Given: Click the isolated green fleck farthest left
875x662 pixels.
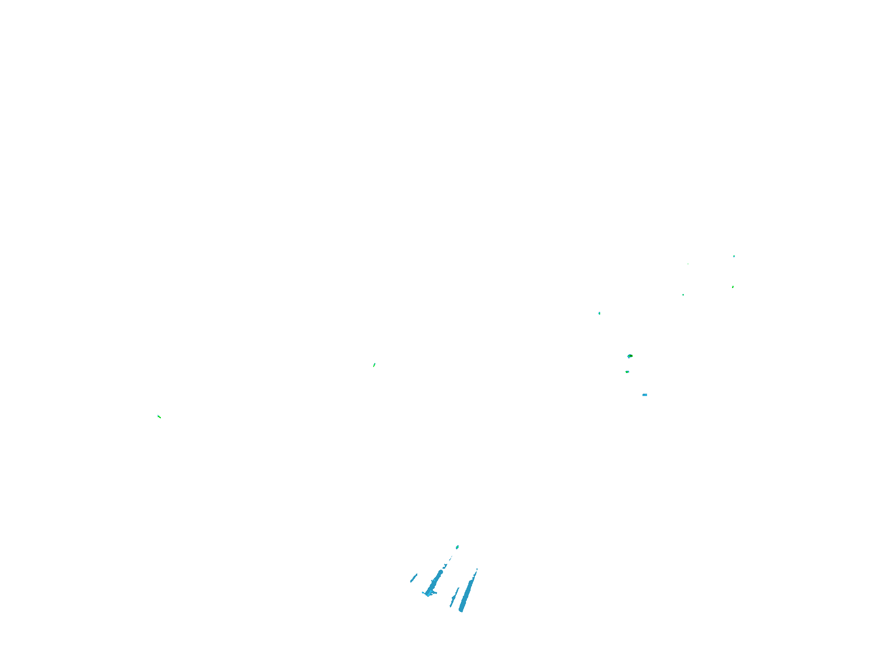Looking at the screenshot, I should (159, 417).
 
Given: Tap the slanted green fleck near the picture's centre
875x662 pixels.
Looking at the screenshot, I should (374, 365).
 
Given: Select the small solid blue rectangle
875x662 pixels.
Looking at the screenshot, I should (645, 395).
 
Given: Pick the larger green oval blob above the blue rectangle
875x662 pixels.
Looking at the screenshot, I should (630, 356).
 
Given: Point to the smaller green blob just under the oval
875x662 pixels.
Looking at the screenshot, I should (627, 372).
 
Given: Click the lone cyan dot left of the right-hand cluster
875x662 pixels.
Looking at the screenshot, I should (599, 313).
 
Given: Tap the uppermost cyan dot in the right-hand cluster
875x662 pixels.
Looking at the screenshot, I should (734, 256).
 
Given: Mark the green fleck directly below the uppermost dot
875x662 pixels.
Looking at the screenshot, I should (733, 287).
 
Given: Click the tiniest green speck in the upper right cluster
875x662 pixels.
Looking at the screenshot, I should (688, 264).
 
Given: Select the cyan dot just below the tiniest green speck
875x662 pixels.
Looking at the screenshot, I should (683, 295).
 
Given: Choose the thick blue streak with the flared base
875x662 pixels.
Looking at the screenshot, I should (434, 583).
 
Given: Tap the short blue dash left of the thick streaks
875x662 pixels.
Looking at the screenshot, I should (414, 578).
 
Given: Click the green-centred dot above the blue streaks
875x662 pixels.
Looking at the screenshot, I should (457, 547).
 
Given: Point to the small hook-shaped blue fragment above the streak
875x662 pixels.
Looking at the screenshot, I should (445, 566).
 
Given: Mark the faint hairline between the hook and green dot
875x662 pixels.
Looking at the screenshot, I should (451, 558).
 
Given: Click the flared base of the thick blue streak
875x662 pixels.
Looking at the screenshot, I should (429, 594).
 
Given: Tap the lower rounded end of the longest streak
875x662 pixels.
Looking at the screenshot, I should (461, 610).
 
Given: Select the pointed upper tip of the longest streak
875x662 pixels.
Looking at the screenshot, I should (477, 570).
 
